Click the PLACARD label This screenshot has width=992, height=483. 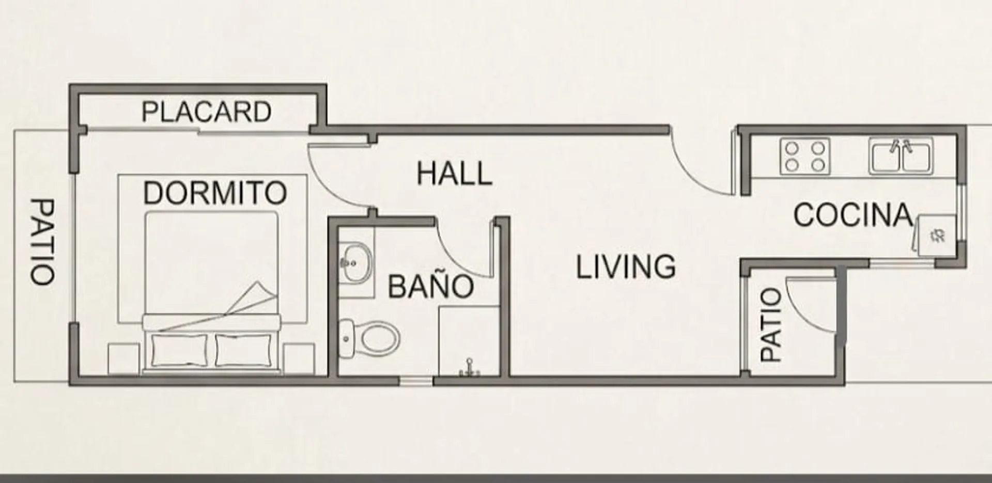point(206,112)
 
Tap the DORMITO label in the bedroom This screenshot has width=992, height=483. point(215,193)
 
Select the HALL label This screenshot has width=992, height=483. point(454,174)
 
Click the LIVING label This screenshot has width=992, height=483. point(626,267)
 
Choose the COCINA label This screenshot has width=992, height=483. point(853,215)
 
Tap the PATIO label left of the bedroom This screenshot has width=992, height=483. point(42,241)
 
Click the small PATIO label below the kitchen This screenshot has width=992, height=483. point(771,324)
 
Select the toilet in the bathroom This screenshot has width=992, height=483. point(369,339)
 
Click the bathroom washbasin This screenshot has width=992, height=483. point(355,263)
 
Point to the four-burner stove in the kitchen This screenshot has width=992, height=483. point(804,156)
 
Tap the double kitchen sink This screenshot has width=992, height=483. point(901,156)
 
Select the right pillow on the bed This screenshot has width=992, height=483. point(243,350)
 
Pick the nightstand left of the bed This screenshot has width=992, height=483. point(123,358)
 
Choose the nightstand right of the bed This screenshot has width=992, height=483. point(299,358)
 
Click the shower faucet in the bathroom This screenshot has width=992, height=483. point(469,367)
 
